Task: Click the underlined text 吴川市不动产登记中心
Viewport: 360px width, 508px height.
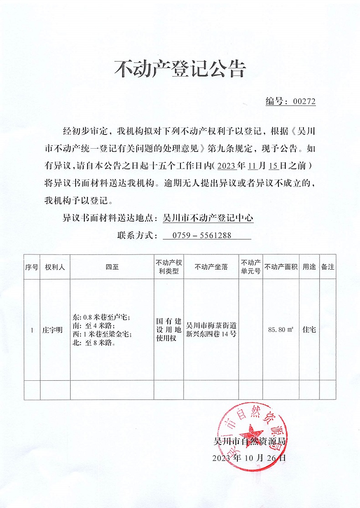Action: (x=208, y=218)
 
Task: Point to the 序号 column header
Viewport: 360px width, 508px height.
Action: (x=32, y=267)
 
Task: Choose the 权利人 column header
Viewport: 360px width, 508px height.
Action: (x=55, y=267)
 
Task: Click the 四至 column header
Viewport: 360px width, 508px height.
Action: (x=112, y=267)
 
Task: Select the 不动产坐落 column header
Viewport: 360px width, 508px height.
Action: (x=211, y=267)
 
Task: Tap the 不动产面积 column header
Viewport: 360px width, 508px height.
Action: (x=281, y=267)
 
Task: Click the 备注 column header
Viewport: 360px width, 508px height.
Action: (x=328, y=267)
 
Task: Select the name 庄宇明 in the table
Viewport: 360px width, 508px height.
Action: (x=55, y=329)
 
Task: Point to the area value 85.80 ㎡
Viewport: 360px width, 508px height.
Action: (x=281, y=329)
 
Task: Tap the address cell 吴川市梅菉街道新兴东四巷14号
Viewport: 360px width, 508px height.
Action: (x=211, y=330)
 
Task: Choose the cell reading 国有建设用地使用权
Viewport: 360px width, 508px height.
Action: (x=169, y=330)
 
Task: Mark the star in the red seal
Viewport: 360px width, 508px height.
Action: (x=250, y=431)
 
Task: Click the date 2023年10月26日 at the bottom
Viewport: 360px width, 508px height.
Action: (x=249, y=458)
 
